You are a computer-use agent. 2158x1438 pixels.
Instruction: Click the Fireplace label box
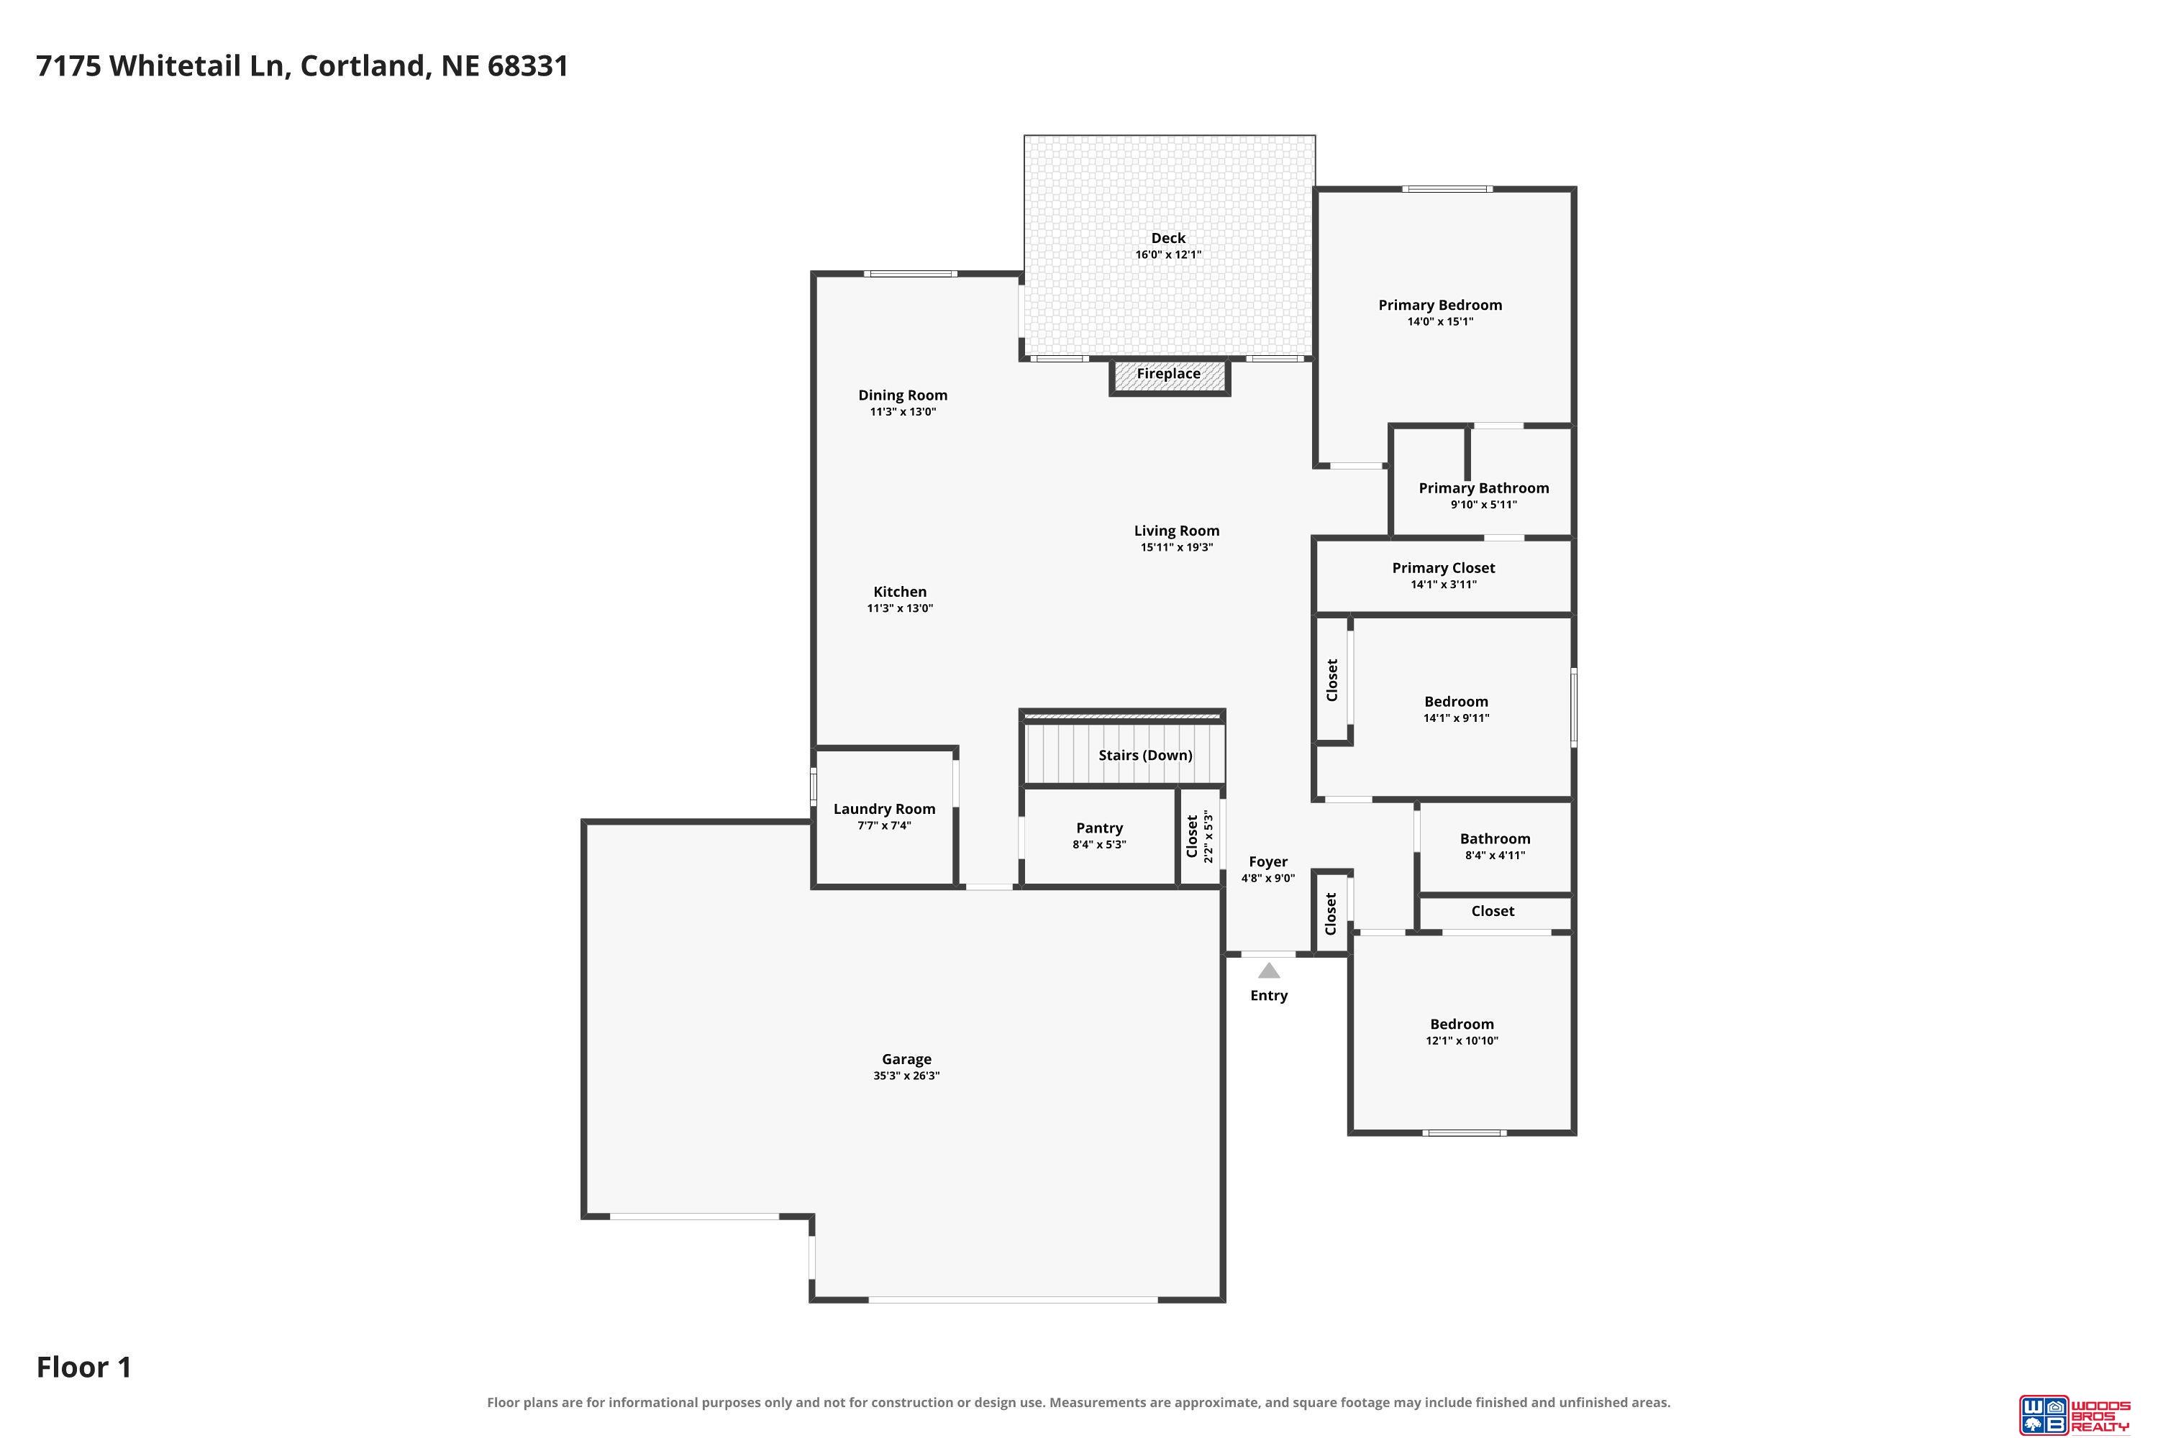tap(1169, 376)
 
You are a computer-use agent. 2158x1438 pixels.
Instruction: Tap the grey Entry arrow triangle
tap(1269, 970)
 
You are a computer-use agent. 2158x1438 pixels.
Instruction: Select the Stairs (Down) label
tap(1145, 755)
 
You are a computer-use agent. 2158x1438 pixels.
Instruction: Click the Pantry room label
tap(1099, 828)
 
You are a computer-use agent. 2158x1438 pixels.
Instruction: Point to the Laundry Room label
tap(885, 809)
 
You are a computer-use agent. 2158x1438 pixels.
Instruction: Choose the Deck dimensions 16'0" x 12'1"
tap(1168, 255)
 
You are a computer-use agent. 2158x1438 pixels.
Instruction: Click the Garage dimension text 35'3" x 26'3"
tap(906, 1076)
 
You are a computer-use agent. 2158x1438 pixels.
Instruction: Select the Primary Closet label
tap(1443, 569)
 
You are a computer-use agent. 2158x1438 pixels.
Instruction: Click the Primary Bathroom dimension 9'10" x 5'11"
tap(1483, 505)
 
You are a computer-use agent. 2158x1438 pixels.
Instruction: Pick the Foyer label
tap(1268, 862)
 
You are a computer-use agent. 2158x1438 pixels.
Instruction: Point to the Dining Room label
tap(903, 395)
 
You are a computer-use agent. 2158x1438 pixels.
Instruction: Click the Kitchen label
tap(900, 592)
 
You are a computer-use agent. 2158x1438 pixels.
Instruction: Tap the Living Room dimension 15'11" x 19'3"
tap(1177, 547)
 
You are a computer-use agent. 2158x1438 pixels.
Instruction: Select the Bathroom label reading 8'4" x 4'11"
tap(1495, 856)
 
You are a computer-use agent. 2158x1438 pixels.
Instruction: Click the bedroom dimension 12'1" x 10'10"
tap(1462, 1041)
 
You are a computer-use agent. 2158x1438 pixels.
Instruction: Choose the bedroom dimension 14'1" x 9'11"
tap(1456, 718)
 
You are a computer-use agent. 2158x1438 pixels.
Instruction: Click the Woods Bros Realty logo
tap(2075, 1414)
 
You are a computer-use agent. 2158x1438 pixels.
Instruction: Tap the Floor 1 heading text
tap(84, 1368)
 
